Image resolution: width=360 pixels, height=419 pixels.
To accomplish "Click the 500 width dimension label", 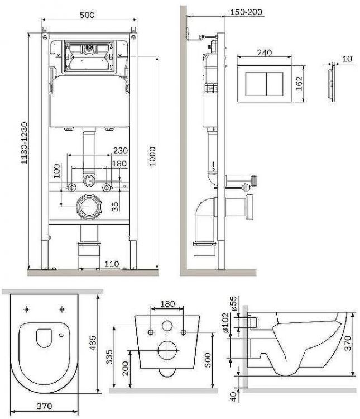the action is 87,15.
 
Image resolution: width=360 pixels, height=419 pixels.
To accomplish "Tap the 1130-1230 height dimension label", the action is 25,143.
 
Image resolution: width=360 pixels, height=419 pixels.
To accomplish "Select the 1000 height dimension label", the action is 152,156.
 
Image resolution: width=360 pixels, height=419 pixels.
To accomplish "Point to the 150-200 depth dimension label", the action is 246,12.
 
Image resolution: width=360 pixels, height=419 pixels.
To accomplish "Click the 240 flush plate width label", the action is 265,53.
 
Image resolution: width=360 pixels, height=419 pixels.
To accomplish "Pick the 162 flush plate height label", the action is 299,83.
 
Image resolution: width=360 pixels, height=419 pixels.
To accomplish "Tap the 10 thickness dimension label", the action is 347,59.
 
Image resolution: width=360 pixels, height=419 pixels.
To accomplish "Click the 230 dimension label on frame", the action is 121,150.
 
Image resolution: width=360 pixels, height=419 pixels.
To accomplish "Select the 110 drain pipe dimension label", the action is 112,264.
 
